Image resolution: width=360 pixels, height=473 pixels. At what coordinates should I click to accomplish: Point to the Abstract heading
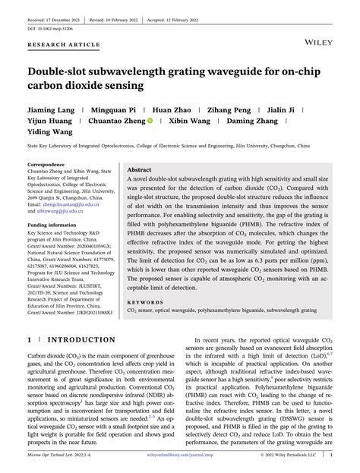[140, 170]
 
